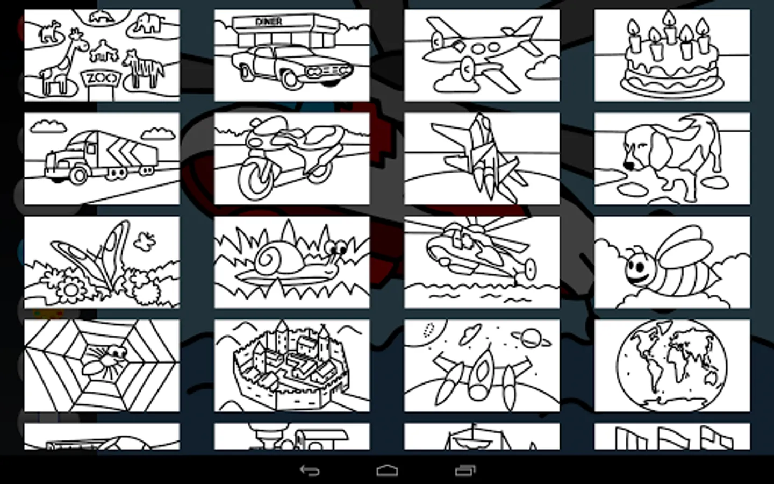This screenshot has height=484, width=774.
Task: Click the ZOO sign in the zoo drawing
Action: point(102,79)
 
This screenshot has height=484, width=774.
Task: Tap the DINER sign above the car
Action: point(269,22)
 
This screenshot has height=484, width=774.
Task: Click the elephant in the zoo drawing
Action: point(148,24)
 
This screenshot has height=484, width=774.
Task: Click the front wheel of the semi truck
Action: point(79,175)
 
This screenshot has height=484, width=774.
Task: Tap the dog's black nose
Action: point(629,166)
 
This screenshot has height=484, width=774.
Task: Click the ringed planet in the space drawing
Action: point(531,338)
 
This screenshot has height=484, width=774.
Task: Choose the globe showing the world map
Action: point(672,366)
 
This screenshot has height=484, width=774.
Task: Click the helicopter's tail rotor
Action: point(530,269)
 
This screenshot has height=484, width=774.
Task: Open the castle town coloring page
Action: point(292,366)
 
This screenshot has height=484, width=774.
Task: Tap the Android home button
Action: point(387,471)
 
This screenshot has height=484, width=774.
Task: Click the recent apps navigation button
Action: point(465,471)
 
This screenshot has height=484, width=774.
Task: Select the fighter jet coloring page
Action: point(482,159)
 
